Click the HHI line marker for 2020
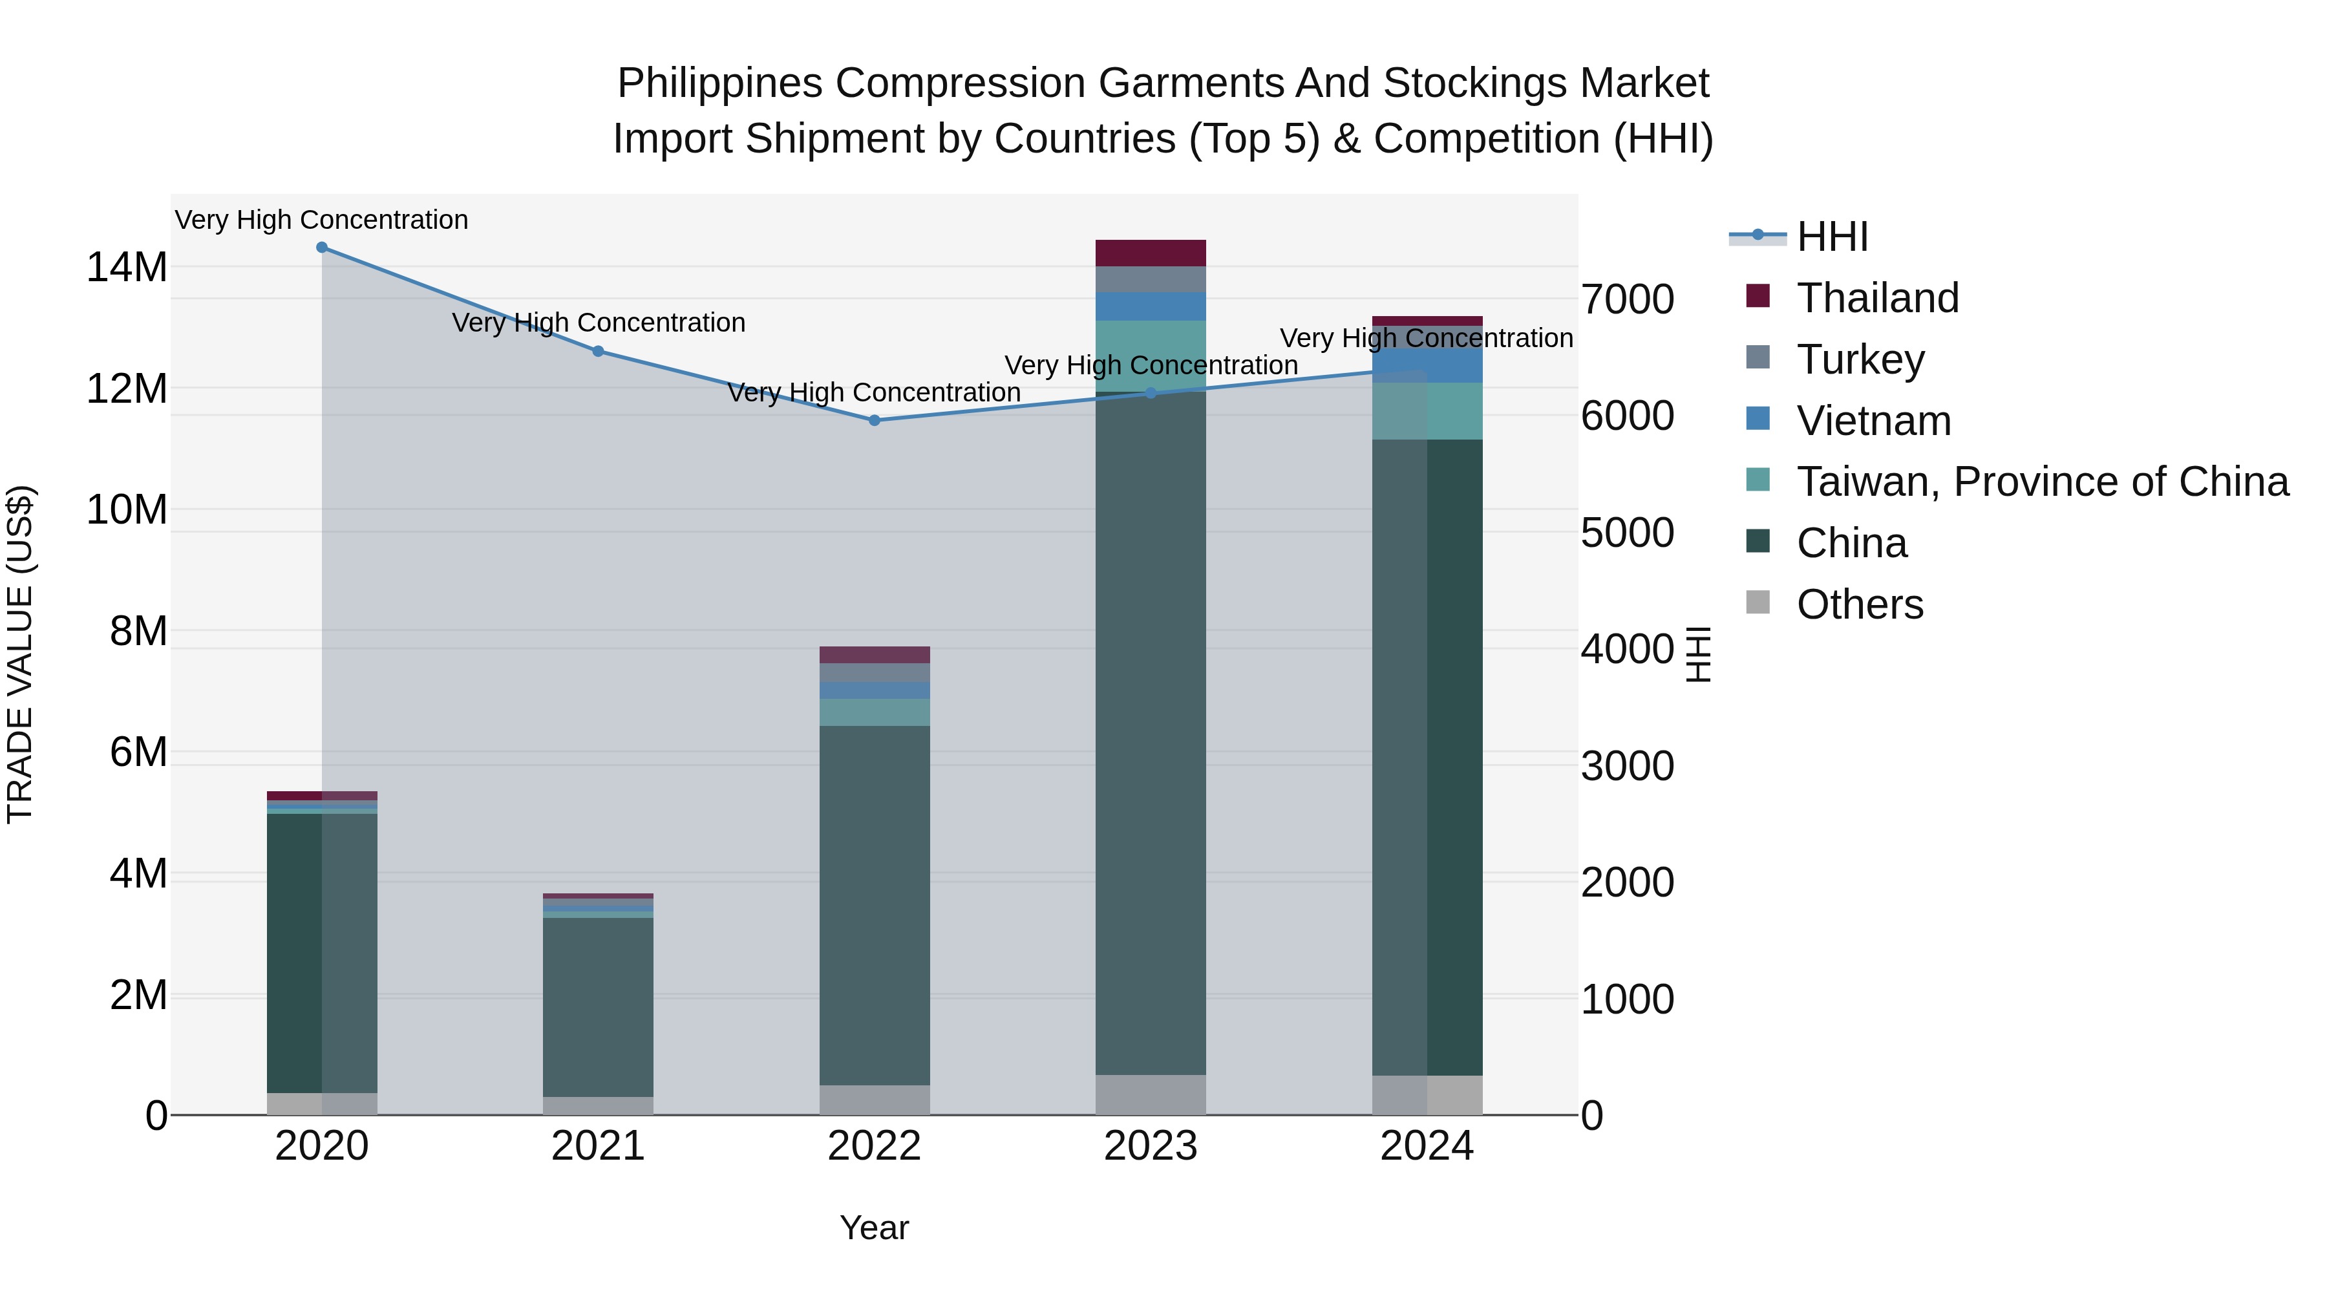pyautogui.click(x=322, y=248)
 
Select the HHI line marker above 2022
pyautogui.click(x=875, y=420)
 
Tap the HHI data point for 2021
pyautogui.click(x=598, y=352)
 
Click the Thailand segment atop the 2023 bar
pyautogui.click(x=1150, y=253)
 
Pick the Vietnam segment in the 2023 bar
pyautogui.click(x=1150, y=306)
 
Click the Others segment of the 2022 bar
pyautogui.click(x=875, y=1100)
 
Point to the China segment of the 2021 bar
pyautogui.click(x=598, y=1007)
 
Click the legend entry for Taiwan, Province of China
pyautogui.click(x=2041, y=482)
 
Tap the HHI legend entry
pyautogui.click(x=1832, y=237)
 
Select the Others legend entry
pyautogui.click(x=1859, y=604)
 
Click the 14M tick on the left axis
pyautogui.click(x=127, y=268)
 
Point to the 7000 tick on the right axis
pyautogui.click(x=1627, y=300)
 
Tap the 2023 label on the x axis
pyautogui.click(x=1150, y=1146)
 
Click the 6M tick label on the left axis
pyautogui.click(x=138, y=752)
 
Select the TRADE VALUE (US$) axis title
pyautogui.click(x=21, y=654)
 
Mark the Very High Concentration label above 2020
pyautogui.click(x=322, y=220)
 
